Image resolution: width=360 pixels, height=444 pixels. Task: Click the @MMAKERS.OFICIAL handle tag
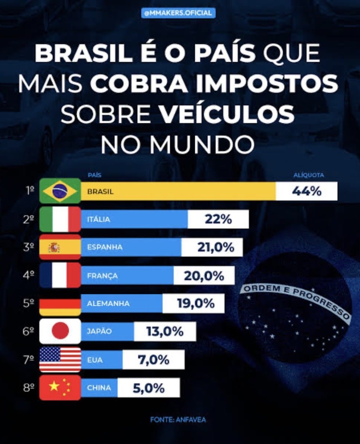pos(178,13)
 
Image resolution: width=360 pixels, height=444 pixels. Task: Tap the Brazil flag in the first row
pos(60,191)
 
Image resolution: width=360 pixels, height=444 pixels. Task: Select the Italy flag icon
pos(60,219)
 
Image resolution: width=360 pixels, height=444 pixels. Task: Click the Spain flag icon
pos(60,247)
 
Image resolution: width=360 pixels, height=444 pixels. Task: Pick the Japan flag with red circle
pos(60,331)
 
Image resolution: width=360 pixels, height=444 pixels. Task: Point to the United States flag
pos(60,359)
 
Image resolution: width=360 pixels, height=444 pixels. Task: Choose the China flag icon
pos(60,387)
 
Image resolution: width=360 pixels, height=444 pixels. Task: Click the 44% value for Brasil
pos(307,191)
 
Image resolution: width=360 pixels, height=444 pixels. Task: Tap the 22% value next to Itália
pos(218,219)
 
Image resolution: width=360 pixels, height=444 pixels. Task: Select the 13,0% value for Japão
pos(165,332)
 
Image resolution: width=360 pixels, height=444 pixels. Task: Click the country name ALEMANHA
pos(108,304)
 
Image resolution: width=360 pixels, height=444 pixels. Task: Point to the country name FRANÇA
pos(102,276)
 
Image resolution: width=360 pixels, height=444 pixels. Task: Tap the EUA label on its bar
pos(95,360)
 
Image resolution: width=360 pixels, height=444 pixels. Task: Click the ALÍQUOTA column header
pos(309,175)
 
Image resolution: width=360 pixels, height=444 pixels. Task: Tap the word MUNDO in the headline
pos(202,144)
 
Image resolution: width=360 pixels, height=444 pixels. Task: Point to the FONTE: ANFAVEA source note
pos(178,420)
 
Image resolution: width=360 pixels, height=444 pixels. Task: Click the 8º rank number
pos(29,388)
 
